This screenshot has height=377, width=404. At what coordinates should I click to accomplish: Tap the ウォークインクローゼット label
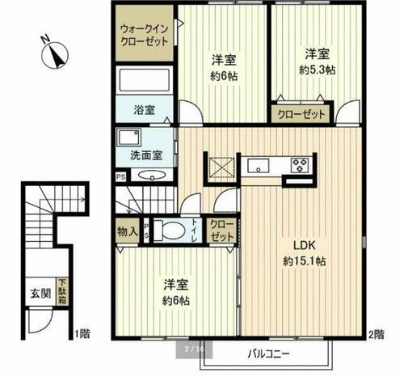point(142,33)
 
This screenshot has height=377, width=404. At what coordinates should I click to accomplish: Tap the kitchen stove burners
point(300,166)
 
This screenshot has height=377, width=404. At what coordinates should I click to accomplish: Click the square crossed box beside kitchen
point(219,167)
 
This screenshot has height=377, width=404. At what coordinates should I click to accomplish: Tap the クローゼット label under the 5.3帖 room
point(303,115)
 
